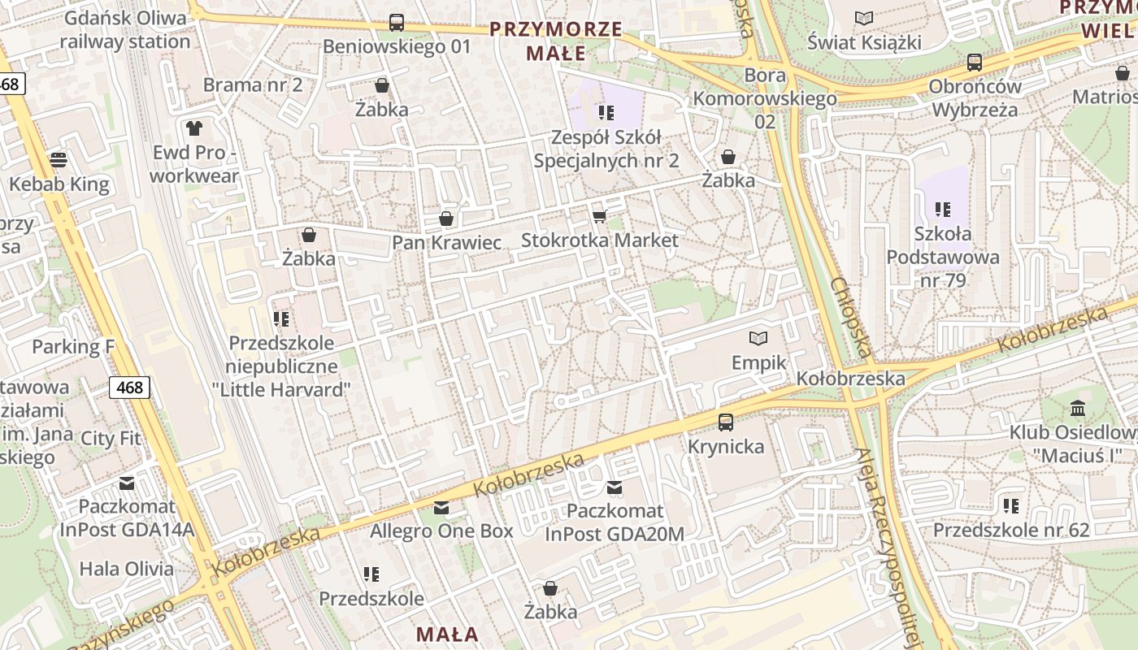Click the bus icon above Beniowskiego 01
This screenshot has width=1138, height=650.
(x=397, y=23)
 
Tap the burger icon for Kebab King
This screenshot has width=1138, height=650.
(x=59, y=159)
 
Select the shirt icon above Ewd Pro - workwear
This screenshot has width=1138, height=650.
(x=194, y=128)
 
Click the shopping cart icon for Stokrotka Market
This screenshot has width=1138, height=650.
(x=600, y=215)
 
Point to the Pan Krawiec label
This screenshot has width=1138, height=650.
(x=446, y=242)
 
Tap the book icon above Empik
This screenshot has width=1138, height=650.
(x=758, y=338)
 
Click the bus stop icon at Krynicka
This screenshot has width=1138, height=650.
(x=726, y=422)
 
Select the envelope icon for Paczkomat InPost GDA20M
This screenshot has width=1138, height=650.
(x=615, y=487)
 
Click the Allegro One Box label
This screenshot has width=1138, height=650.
(x=441, y=531)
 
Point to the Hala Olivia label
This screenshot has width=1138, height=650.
(x=126, y=569)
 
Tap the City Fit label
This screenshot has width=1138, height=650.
(x=111, y=438)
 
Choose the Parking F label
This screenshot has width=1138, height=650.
(x=73, y=347)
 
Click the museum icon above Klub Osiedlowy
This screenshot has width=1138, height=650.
(x=1078, y=407)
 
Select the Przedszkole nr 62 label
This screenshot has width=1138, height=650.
(x=1010, y=530)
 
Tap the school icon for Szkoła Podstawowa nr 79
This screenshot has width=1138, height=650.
(x=943, y=210)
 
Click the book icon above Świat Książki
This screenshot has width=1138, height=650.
(x=864, y=18)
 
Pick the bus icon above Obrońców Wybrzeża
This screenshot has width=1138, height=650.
(x=974, y=62)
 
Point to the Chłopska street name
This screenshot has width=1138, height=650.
(x=851, y=318)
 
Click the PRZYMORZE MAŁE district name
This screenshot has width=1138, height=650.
(x=555, y=41)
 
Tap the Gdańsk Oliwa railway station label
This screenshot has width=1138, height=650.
(x=125, y=30)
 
